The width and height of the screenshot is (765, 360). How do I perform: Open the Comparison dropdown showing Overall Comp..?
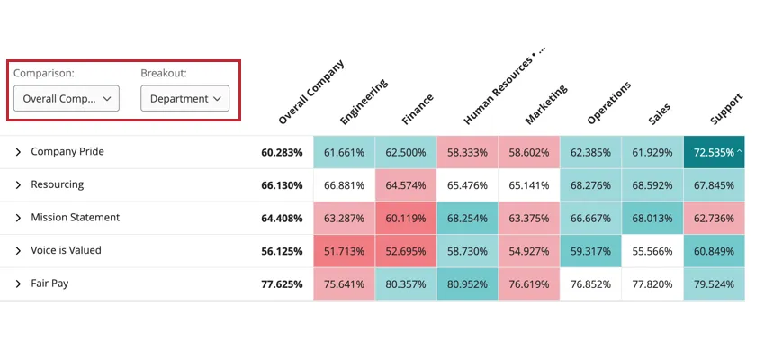point(67,99)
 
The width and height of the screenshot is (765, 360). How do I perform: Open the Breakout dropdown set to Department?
point(184,99)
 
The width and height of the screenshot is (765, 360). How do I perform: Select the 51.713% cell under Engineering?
point(344,251)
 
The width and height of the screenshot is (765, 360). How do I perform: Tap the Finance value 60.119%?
point(406,218)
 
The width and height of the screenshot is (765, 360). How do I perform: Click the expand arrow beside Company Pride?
point(17,152)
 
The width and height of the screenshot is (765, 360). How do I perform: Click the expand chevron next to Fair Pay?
point(17,283)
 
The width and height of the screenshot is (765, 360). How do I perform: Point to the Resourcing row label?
point(57,184)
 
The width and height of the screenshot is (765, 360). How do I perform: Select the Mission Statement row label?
point(75,218)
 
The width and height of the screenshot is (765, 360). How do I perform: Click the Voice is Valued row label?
point(66,251)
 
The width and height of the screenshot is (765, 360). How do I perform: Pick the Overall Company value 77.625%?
point(282,284)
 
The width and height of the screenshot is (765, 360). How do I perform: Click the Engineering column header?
point(364,101)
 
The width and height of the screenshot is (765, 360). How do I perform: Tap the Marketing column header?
point(545,104)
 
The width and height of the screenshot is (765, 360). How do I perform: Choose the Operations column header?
point(608,102)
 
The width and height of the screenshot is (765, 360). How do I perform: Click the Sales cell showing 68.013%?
point(652,218)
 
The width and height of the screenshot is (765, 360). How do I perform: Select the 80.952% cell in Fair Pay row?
point(467,284)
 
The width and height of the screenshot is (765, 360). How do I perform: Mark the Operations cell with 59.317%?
point(590,251)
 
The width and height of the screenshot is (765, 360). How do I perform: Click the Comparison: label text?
point(43,73)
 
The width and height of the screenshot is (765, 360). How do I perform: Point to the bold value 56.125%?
point(282,251)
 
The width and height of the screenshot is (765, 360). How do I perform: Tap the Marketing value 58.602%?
point(528,152)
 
